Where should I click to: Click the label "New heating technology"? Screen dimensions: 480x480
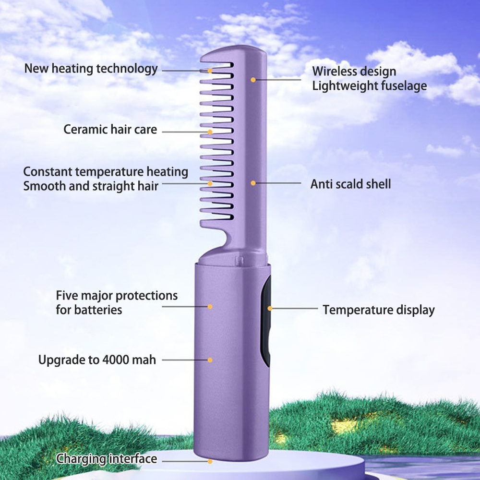[x=91, y=69]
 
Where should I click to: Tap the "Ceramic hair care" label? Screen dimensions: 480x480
[x=110, y=130]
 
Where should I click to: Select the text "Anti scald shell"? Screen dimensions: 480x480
[x=350, y=183]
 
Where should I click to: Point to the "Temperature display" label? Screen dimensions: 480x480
[x=378, y=310]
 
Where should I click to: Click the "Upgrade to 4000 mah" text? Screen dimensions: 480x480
[x=97, y=360]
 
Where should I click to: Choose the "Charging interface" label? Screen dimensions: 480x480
[x=107, y=459]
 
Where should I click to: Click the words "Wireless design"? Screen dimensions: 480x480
[x=354, y=72]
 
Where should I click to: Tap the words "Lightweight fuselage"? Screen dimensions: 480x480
[x=369, y=86]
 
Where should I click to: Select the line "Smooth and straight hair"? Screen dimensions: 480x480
[x=90, y=185]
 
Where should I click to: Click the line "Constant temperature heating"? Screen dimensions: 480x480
[x=106, y=171]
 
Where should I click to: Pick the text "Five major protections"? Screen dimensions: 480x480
[x=117, y=295]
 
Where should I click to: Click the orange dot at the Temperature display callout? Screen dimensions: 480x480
[x=270, y=308]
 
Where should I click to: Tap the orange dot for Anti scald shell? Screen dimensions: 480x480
[x=252, y=183]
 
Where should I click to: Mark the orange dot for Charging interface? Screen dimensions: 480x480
[x=210, y=462]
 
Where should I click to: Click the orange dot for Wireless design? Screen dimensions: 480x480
[x=252, y=79]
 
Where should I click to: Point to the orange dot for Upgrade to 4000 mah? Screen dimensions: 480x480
[x=210, y=360]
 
